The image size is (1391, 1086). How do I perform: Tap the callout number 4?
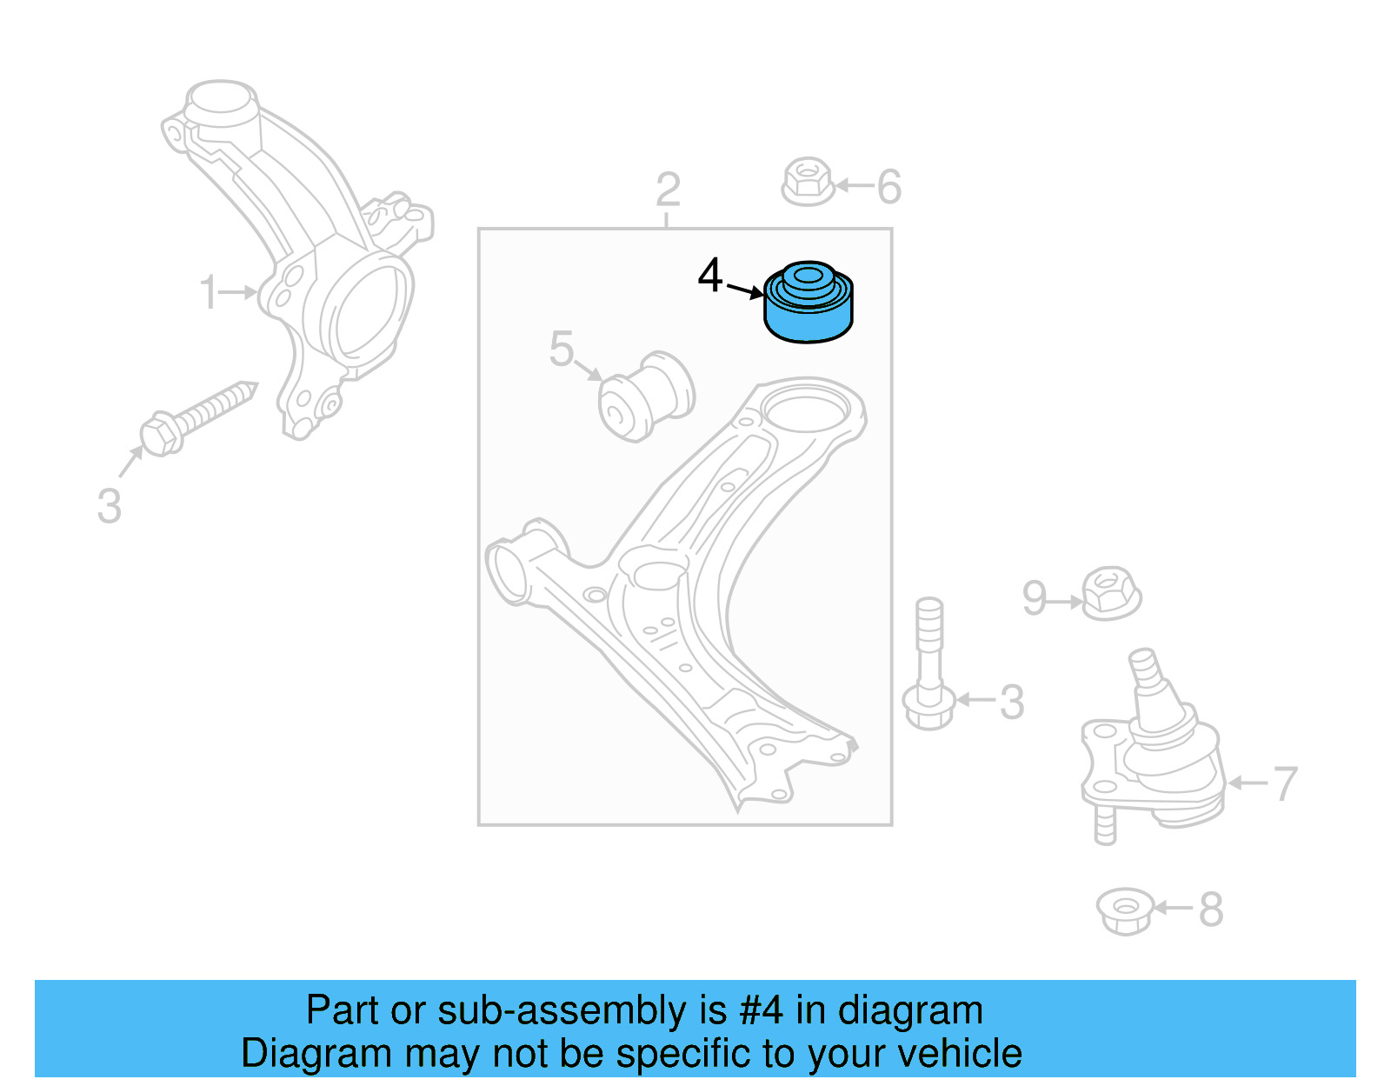click(710, 276)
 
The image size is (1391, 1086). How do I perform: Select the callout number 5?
click(562, 350)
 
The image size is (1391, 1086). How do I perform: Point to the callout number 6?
click(889, 187)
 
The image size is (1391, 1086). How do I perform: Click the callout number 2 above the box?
click(668, 190)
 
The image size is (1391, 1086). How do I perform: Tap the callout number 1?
click(208, 292)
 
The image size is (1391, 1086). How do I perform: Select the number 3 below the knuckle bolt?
click(109, 506)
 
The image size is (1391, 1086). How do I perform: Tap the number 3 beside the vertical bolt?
click(1011, 703)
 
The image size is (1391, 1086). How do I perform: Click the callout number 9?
click(1034, 598)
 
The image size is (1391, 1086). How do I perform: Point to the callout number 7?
click(1285, 784)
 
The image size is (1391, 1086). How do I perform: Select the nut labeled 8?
click(1125, 910)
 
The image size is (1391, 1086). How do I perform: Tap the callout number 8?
click(1210, 910)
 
